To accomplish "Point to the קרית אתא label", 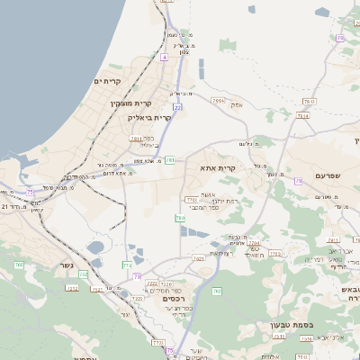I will pyautogui.click(x=219, y=168).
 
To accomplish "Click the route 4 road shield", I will pyautogui.click(x=165, y=56).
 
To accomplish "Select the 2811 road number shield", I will pyautogui.click(x=136, y=139).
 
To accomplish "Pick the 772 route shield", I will pyautogui.click(x=126, y=265).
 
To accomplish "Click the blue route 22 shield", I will pyautogui.click(x=178, y=106).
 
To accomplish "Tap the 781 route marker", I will pyautogui.click(x=169, y=160).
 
